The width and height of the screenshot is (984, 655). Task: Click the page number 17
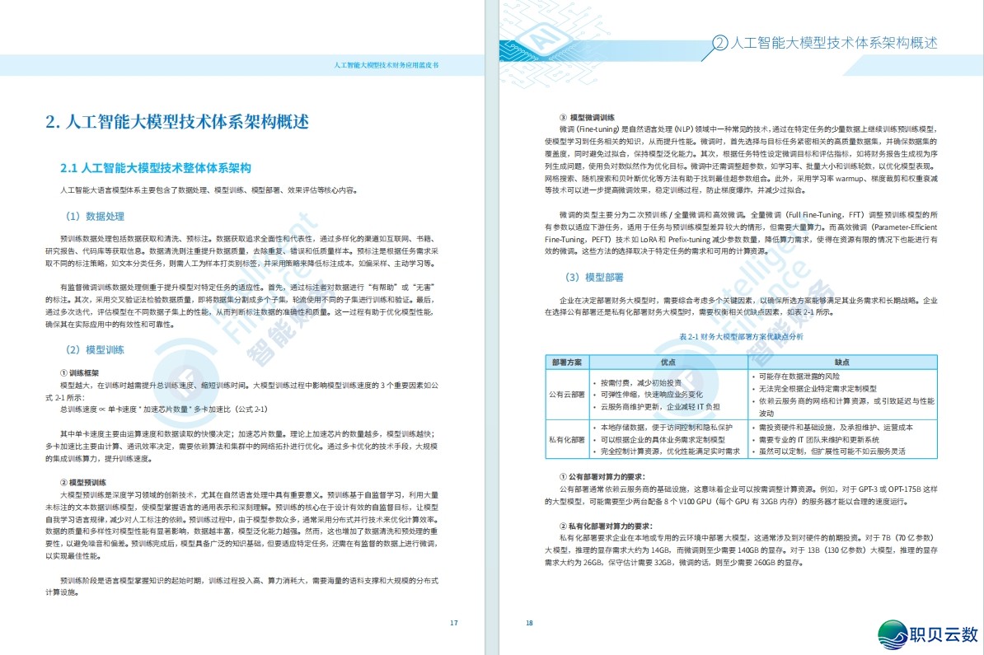(x=453, y=623)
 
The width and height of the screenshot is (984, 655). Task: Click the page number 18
(x=529, y=623)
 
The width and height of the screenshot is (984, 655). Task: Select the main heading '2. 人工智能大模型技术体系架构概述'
(x=178, y=123)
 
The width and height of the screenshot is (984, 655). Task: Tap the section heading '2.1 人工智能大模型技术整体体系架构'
(x=155, y=168)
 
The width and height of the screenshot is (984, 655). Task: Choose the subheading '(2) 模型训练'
(x=95, y=350)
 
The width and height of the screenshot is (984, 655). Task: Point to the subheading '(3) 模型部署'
(x=593, y=278)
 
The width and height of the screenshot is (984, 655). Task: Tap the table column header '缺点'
(x=841, y=362)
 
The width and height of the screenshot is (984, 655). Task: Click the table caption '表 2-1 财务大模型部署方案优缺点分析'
(x=741, y=337)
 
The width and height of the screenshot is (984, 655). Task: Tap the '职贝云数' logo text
(x=942, y=634)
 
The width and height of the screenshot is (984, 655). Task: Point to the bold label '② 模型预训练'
(x=84, y=481)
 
